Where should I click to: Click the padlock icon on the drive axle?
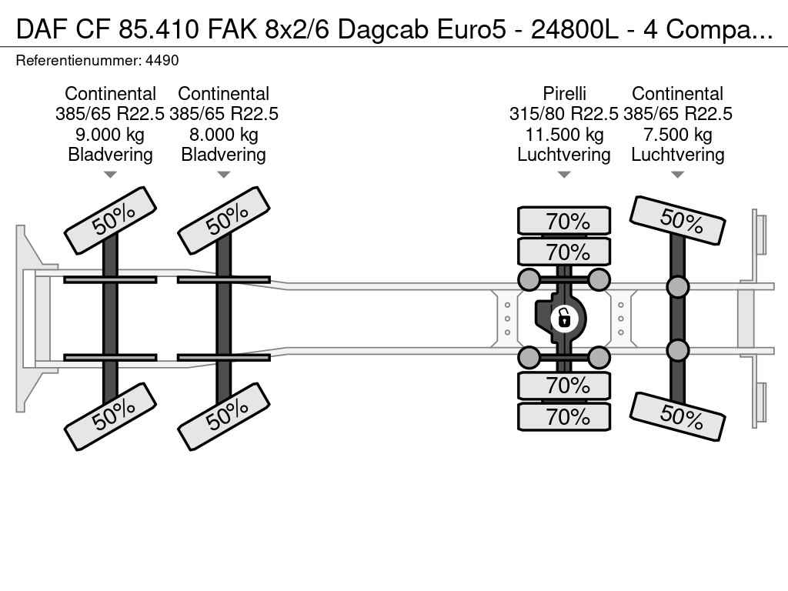(x=564, y=317)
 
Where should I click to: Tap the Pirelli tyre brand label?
(x=564, y=94)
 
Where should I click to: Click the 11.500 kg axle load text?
(x=564, y=135)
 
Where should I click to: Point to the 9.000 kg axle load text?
(x=110, y=135)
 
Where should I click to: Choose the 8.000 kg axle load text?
(x=223, y=135)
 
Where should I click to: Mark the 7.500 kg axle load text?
(x=677, y=135)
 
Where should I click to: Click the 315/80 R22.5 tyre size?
(x=564, y=114)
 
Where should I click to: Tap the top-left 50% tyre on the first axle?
(x=110, y=220)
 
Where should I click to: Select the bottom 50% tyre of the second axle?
(x=223, y=416)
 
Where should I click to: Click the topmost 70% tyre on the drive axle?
(x=564, y=221)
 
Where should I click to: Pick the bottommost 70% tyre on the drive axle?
(x=564, y=417)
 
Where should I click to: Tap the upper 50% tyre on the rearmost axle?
(x=677, y=220)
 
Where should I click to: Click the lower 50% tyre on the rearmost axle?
(x=677, y=416)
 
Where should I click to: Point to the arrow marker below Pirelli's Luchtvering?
(x=564, y=175)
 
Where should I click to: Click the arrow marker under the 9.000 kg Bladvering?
(x=110, y=175)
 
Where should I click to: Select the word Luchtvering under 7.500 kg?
(x=677, y=155)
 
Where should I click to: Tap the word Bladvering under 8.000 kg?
(x=223, y=155)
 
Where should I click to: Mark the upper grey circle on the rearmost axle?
(x=677, y=287)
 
